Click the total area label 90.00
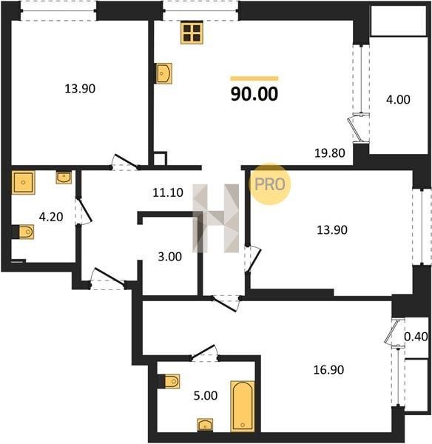254,94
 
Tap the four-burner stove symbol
192,33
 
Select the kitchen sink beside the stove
164,73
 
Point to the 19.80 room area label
330,153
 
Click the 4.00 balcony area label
398,100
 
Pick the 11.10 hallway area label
168,192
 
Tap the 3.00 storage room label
170,257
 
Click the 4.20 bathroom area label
51,217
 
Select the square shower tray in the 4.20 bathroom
23,182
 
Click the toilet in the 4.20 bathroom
25,232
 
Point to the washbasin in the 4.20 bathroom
64,178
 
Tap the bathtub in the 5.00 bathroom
243,406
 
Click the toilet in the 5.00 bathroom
170,381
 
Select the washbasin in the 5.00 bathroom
205,425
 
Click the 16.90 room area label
328,370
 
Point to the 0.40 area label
416,337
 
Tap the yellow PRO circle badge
270,184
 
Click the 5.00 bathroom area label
206,396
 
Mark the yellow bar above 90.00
254,78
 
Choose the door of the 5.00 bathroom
204,353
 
